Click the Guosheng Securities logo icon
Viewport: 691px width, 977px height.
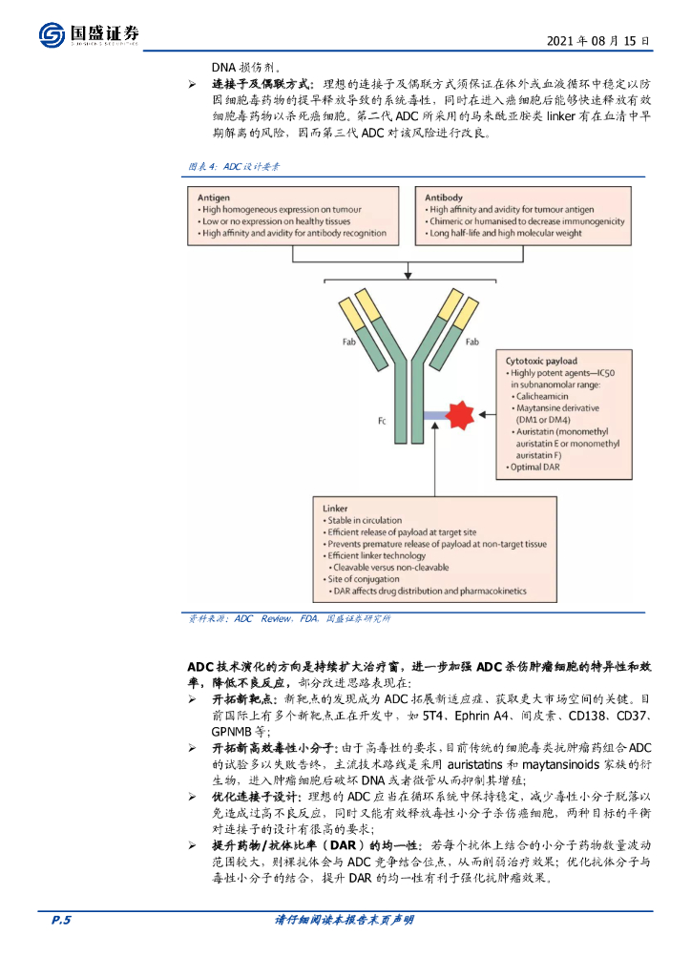click(x=52, y=34)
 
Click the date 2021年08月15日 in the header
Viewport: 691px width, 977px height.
click(x=598, y=42)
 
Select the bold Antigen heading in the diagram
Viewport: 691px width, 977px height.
click(x=215, y=197)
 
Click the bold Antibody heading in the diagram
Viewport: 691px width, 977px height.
click(x=446, y=197)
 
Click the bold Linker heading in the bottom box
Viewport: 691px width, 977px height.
click(x=336, y=509)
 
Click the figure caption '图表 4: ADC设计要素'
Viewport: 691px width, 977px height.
click(x=233, y=167)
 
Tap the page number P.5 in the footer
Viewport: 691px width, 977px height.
click(x=61, y=920)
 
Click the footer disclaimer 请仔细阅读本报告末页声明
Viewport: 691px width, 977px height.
click(x=345, y=920)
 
